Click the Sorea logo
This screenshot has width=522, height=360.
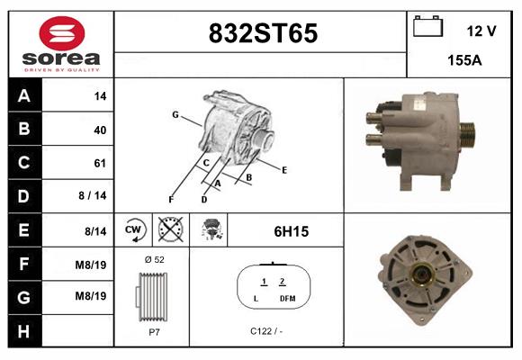click(60, 44)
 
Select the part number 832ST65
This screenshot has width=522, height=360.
click(262, 33)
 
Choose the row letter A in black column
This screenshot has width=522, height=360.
click(23, 96)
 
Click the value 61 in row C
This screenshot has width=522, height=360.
click(100, 164)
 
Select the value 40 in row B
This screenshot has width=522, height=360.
click(100, 130)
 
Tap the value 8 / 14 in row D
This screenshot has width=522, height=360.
click(94, 196)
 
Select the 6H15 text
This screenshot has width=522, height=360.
click(291, 231)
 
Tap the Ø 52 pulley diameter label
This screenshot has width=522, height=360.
click(153, 259)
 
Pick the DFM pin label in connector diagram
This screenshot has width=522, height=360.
click(287, 298)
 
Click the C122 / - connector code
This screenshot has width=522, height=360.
click(267, 331)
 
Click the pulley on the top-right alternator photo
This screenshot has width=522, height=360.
click(466, 135)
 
